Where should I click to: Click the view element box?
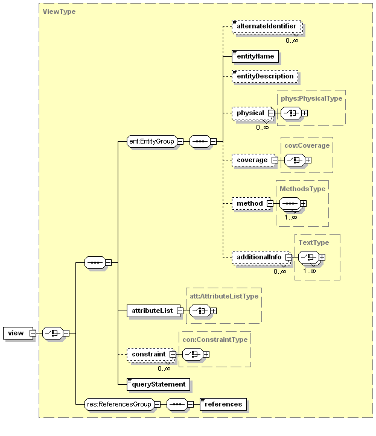click(15, 333)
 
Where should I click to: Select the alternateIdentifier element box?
click(266, 27)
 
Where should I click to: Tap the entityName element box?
click(255, 56)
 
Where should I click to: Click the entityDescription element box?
click(265, 77)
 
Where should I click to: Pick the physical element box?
click(250, 113)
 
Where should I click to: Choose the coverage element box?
click(251, 160)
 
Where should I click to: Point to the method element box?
click(249, 203)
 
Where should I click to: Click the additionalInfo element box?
click(258, 257)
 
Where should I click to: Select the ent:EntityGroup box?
click(151, 142)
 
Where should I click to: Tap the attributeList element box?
click(150, 311)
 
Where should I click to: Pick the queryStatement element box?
click(159, 384)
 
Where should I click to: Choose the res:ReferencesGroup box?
click(118, 404)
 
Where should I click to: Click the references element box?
click(223, 404)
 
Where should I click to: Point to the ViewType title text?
click(59, 11)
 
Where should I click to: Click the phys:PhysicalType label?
click(311, 98)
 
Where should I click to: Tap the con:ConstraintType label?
click(215, 339)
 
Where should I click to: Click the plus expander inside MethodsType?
click(304, 204)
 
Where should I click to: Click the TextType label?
click(314, 242)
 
